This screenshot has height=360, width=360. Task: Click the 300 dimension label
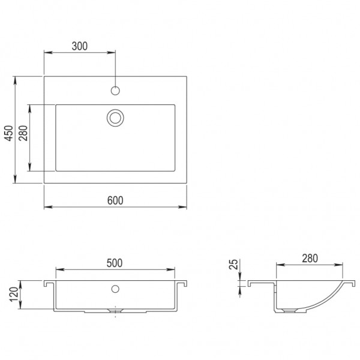[79, 45]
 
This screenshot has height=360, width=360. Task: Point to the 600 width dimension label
[115, 200]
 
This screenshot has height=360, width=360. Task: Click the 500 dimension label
[115, 262]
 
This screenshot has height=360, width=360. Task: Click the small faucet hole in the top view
[115, 91]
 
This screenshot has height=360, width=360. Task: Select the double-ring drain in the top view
[115, 117]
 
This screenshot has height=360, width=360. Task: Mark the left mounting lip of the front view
[49, 282]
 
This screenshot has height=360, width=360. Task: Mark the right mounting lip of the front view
[182, 282]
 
